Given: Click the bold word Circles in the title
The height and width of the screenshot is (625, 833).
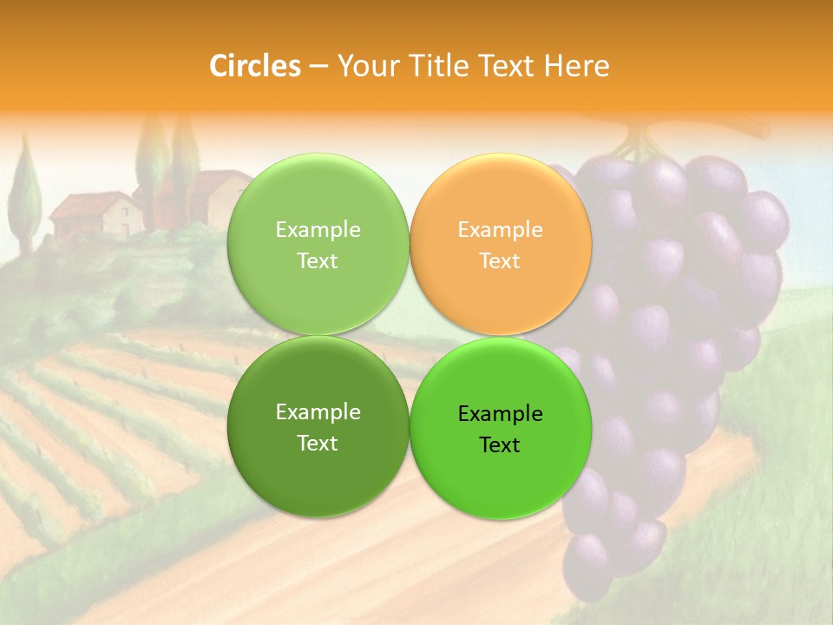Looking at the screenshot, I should click(254, 66).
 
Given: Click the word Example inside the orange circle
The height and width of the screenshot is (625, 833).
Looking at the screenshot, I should click(500, 230).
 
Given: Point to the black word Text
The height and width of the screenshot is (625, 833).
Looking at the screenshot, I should click(499, 445).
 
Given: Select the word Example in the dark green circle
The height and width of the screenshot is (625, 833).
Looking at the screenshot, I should click(318, 412).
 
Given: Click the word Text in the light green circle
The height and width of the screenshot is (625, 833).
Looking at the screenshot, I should click(318, 261).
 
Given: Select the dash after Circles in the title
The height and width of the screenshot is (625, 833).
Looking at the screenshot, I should click(318, 67).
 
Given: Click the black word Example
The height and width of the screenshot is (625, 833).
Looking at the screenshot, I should click(500, 414).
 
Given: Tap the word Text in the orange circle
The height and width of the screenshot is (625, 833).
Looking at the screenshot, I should click(500, 261).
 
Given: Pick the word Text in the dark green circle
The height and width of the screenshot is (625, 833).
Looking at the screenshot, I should click(318, 444).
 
